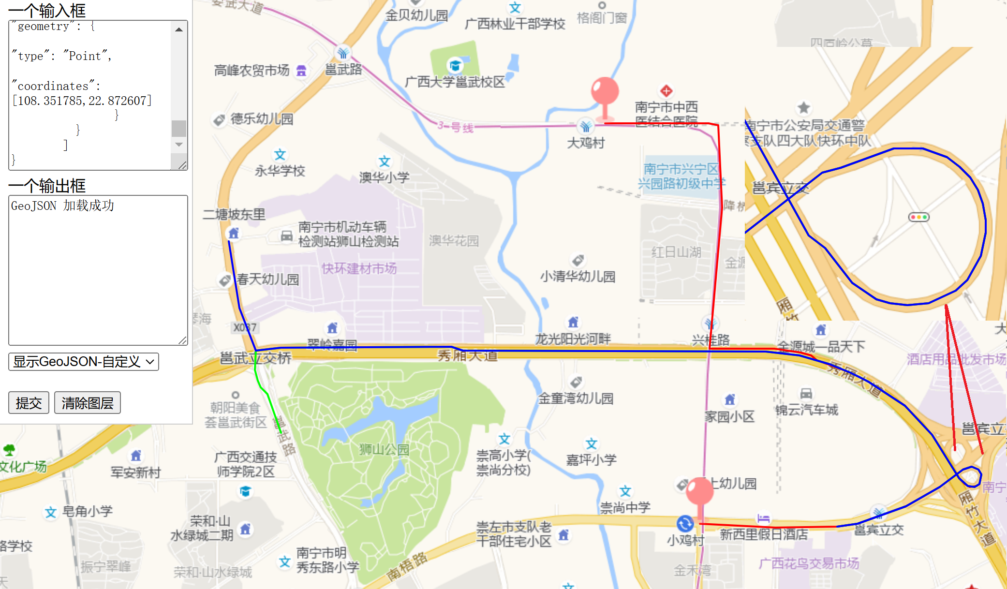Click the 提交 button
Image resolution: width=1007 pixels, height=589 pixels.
point(29,403)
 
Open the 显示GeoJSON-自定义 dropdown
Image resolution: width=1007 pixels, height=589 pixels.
point(84,362)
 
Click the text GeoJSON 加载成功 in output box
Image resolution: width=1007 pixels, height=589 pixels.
point(62,206)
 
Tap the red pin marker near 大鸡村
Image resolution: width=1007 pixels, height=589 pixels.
point(605,92)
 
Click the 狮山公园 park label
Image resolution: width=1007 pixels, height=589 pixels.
point(384,450)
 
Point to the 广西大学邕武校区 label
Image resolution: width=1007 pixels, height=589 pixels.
point(455,82)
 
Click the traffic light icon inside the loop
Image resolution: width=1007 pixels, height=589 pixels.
point(918,217)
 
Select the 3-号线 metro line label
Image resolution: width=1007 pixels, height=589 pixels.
point(455,127)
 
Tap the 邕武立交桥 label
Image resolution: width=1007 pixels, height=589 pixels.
point(255,358)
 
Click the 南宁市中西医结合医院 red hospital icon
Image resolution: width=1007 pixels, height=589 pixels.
point(666,91)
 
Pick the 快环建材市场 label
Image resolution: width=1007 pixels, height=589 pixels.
point(359,268)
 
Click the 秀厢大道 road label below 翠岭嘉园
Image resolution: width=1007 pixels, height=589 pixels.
point(467,356)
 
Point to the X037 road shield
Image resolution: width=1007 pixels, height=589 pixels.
point(245,328)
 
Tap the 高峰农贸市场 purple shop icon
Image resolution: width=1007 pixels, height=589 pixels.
point(301,71)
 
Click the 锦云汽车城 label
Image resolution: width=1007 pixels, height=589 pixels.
point(806,410)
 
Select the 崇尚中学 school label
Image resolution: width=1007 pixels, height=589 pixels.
point(625,507)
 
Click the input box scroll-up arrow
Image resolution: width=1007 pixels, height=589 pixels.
point(179,29)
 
